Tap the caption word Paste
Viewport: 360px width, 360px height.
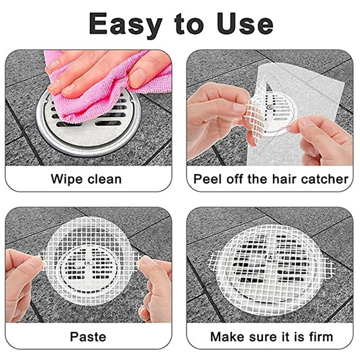88,337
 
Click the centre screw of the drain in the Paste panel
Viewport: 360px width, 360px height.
88,263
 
